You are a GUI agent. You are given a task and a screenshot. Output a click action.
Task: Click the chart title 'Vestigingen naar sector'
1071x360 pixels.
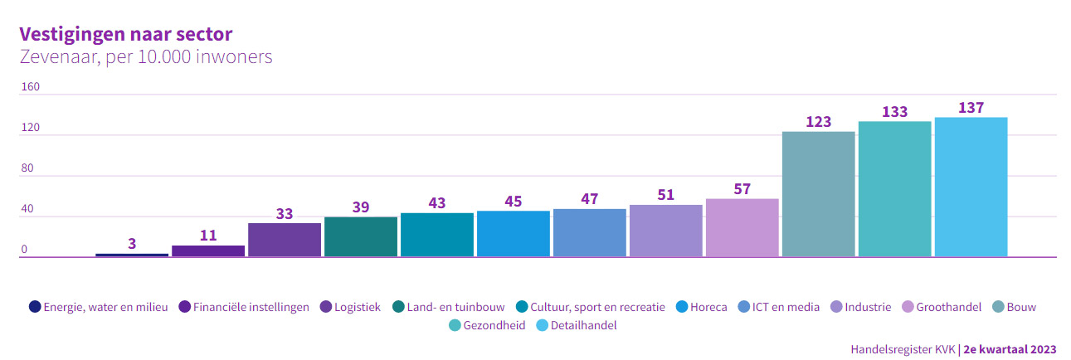125,33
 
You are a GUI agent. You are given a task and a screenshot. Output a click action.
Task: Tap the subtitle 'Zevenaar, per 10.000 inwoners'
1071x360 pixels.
145,57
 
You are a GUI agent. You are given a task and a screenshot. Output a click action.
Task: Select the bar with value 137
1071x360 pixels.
971,187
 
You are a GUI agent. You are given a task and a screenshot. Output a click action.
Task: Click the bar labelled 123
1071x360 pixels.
818,194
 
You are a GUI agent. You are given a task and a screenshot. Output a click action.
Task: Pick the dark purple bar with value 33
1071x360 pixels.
284,240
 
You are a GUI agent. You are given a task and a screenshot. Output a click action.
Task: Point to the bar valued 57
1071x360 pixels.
742,227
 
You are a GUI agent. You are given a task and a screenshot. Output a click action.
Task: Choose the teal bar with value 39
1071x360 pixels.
360,236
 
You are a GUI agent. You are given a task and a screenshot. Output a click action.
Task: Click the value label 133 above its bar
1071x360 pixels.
894,112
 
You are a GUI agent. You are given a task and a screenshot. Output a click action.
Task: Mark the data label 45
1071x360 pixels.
513,202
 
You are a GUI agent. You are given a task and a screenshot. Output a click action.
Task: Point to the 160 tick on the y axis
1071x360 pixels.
30,87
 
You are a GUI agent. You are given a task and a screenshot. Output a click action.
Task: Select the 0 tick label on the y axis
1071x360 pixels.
24,250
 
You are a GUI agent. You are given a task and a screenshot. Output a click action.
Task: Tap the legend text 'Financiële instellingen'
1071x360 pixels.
251,307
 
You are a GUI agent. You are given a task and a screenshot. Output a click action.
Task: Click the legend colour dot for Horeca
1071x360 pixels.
682,307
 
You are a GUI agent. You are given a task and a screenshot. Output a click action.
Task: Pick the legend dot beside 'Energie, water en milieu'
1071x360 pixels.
34,307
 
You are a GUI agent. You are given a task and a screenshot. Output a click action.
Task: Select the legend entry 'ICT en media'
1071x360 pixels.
786,307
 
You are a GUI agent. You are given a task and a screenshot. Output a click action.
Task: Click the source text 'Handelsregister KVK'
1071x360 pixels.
903,349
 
